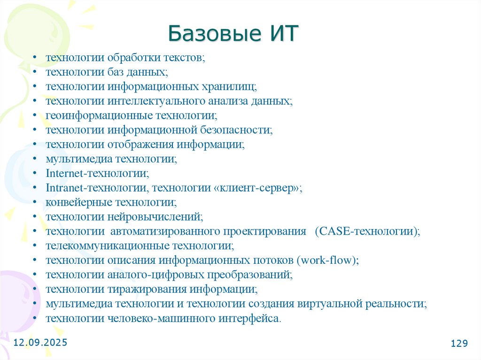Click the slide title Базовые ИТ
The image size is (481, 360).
point(233,35)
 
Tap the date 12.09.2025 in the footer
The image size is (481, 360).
point(40,343)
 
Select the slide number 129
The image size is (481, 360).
point(459,344)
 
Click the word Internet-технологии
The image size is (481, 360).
point(97,173)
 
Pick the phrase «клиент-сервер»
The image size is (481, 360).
point(257,188)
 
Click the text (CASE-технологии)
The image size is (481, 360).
point(367,231)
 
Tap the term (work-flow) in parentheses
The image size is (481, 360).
point(327,260)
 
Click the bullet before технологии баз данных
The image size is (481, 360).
point(36,72)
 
